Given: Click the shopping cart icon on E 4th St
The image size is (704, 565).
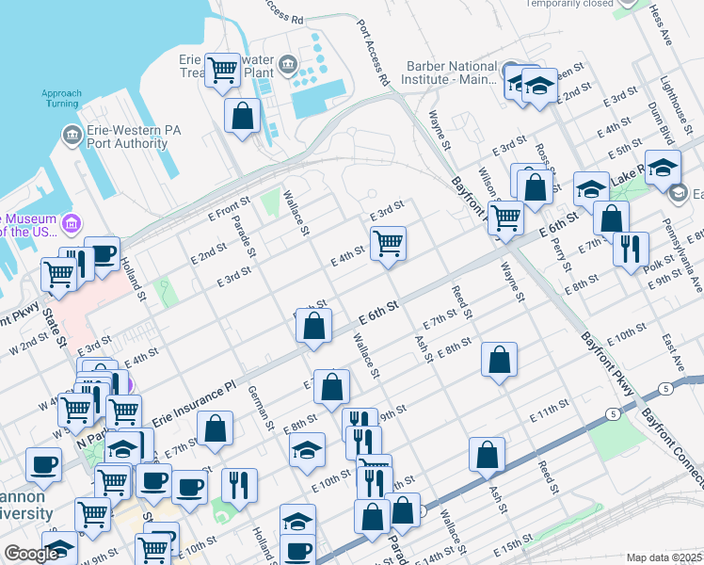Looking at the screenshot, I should (388, 244).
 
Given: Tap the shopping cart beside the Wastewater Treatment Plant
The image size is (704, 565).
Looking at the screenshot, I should (223, 69).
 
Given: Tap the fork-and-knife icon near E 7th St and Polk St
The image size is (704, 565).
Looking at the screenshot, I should (630, 249).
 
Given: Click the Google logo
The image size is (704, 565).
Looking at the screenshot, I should (31, 554).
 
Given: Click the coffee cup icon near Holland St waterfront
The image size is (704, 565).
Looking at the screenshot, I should (102, 252).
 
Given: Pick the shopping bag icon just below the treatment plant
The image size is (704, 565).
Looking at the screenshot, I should (242, 116).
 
